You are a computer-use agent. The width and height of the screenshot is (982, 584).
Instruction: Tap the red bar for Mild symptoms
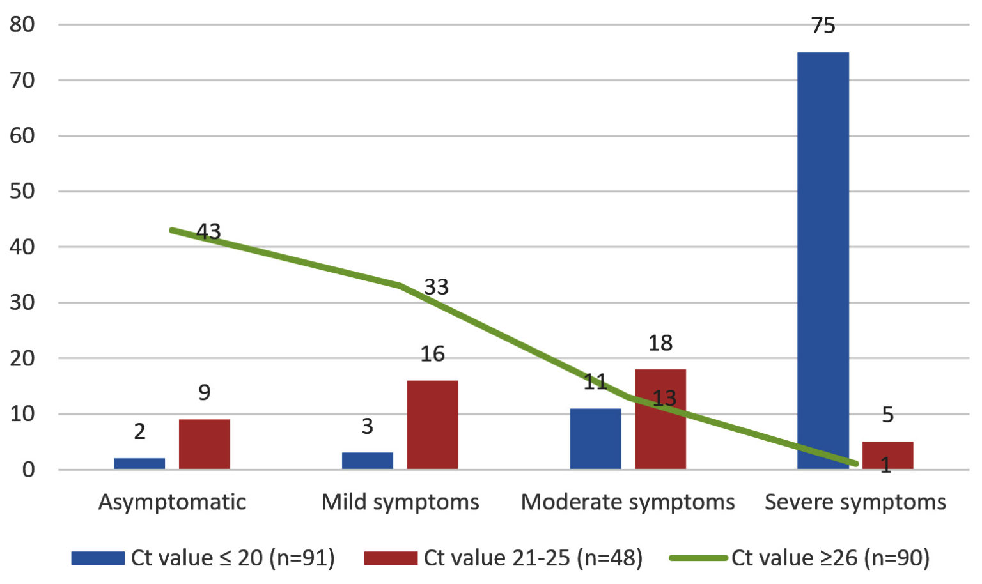432,425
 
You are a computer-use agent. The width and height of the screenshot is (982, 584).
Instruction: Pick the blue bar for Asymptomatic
139,464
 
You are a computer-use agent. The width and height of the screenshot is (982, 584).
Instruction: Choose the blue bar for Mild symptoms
367,461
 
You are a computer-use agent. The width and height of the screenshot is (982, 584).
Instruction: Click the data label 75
823,26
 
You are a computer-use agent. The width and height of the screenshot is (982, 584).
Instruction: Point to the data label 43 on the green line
208,231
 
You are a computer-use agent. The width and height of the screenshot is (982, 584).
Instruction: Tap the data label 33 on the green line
436,287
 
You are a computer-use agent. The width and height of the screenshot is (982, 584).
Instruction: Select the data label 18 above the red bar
660,343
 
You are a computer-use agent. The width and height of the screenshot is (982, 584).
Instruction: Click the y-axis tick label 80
22,24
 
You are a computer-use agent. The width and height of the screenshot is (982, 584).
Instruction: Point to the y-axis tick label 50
22,191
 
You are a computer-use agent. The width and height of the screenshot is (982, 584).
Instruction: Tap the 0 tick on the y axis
28,470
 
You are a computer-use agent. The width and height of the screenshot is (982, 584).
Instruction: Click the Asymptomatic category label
172,502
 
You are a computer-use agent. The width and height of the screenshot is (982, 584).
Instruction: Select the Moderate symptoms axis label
627,502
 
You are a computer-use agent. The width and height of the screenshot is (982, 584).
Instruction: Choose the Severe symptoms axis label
855,502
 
